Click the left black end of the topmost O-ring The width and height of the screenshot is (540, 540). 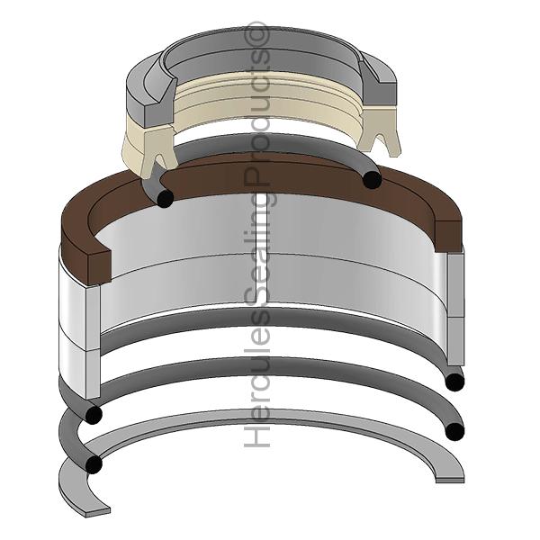[164, 198]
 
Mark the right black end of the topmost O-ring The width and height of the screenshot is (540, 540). [371, 180]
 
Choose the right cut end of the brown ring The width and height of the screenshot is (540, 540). [448, 231]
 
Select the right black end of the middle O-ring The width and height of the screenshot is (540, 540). [454, 382]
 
